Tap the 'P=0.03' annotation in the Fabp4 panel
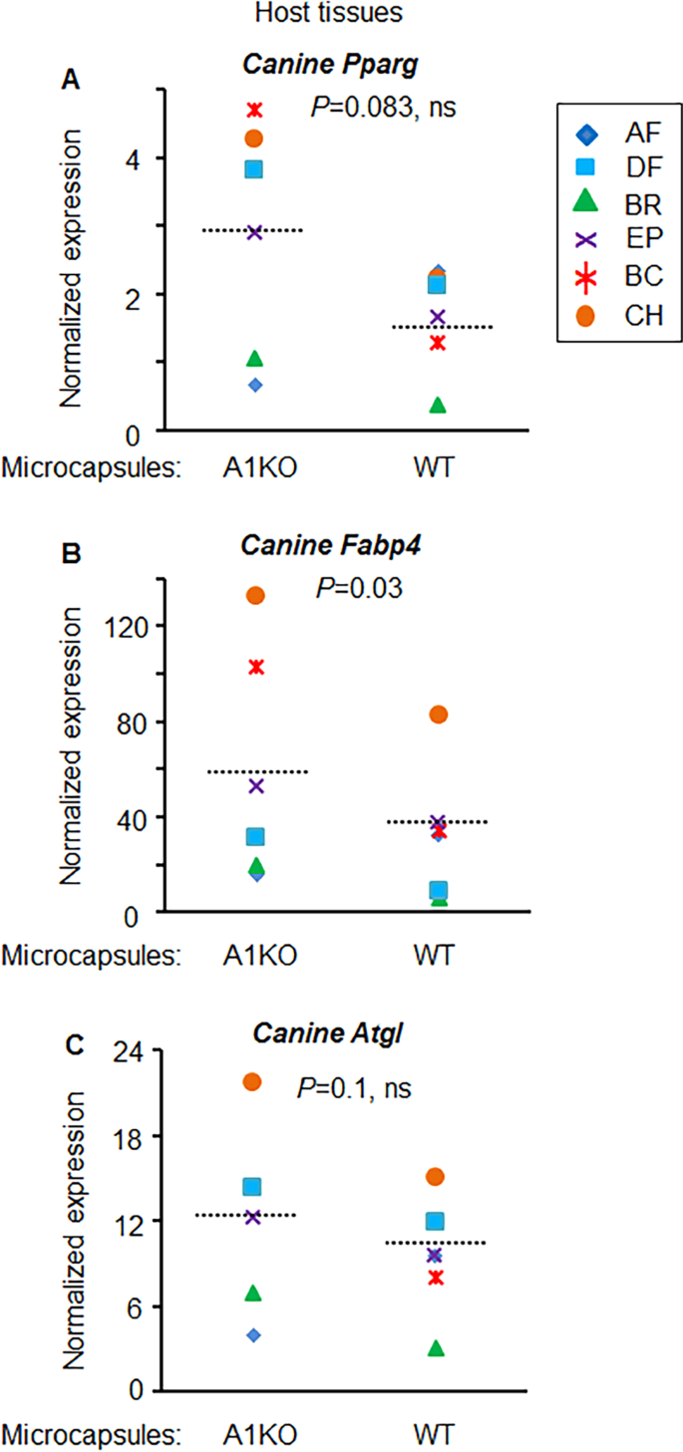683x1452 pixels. click(358, 588)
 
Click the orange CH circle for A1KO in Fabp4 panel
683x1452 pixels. click(255, 595)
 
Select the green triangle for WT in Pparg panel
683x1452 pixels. click(438, 406)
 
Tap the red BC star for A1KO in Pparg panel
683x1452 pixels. click(254, 109)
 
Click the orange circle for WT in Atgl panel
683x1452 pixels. click(436, 1177)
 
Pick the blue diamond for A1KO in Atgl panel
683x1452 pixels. click(253, 1334)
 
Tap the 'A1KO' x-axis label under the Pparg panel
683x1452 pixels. click(254, 467)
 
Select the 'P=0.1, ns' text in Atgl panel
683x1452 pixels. click(354, 1086)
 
